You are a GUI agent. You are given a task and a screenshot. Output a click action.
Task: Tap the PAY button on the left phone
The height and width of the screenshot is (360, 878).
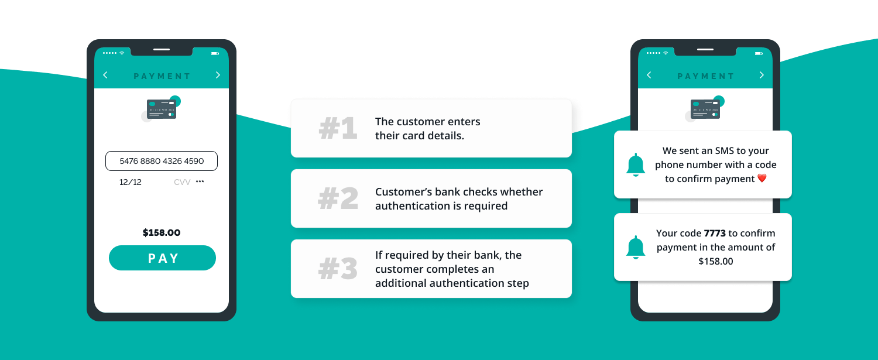162,258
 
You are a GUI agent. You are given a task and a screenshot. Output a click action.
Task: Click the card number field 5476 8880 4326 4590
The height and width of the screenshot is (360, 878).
162,161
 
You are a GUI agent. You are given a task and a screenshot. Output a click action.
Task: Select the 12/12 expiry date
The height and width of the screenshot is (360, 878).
131,182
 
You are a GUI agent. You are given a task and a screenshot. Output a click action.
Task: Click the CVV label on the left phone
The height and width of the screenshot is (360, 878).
182,182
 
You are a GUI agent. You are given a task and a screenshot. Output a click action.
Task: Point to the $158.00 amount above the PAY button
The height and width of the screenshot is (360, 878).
162,233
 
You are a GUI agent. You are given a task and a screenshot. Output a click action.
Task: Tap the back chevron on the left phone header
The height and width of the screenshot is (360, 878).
105,75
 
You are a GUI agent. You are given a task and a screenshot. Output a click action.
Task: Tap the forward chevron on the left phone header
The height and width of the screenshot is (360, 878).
218,75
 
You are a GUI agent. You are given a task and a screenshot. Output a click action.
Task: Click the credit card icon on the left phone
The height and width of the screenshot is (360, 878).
162,109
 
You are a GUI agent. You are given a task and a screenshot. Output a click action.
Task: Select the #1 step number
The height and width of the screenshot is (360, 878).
338,129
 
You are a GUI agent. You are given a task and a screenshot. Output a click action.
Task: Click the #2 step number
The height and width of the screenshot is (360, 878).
338,199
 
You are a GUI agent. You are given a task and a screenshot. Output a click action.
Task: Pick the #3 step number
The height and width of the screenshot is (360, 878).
338,269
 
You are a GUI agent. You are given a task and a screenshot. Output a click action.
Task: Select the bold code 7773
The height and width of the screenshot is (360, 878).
715,234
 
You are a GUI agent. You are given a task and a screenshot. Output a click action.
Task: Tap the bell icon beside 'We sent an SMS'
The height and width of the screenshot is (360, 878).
636,165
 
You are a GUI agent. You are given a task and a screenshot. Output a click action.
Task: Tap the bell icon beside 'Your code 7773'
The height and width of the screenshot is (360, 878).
636,248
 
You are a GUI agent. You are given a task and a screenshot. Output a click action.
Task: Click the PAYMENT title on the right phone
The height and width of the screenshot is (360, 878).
705,76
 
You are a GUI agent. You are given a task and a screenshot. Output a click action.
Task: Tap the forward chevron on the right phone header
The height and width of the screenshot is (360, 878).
762,75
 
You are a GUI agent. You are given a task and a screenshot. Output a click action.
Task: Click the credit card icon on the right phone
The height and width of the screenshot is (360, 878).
705,109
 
